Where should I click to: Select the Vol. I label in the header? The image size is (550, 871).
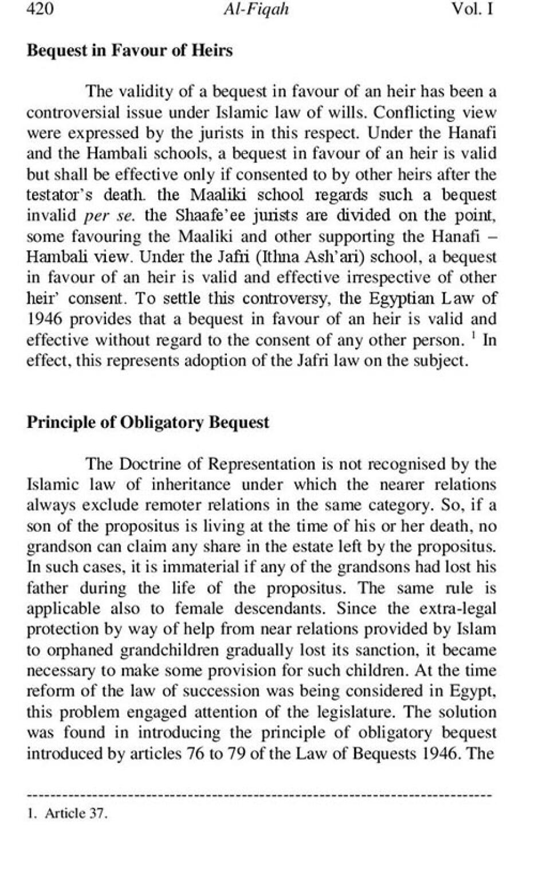pyautogui.click(x=473, y=10)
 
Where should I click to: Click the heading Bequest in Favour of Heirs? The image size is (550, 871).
pyautogui.click(x=129, y=50)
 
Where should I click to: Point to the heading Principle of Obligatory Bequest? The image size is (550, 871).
pyautogui.click(x=148, y=422)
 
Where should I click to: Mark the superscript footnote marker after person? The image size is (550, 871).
pyautogui.click(x=474, y=335)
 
